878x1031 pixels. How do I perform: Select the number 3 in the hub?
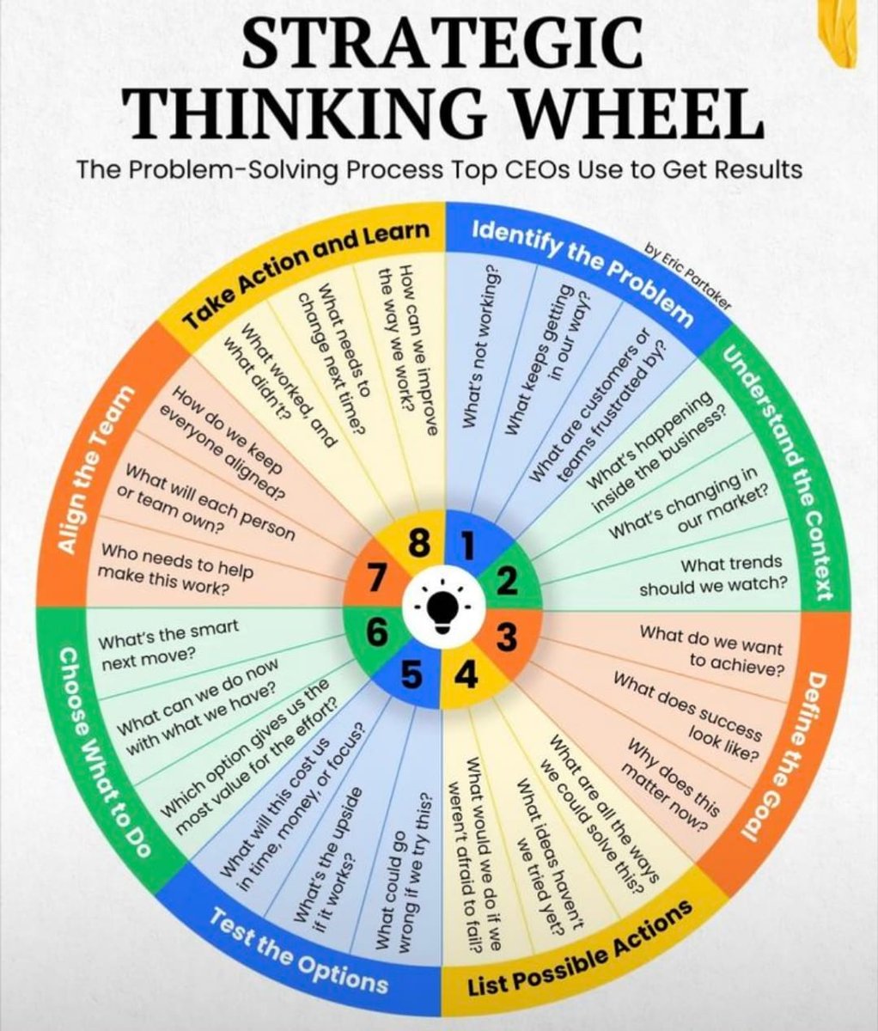coord(507,639)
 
